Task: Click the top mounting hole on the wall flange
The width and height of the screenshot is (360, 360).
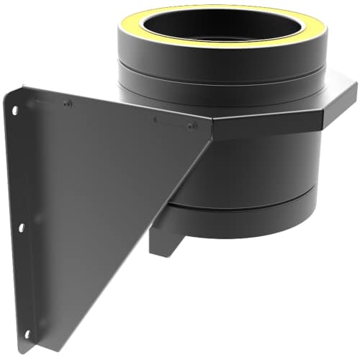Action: pos(14,110)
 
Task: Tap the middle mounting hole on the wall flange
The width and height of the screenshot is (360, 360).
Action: pos(22,228)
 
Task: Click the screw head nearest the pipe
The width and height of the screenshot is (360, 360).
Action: pos(191,126)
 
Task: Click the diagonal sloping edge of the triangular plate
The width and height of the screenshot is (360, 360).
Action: pos(144,238)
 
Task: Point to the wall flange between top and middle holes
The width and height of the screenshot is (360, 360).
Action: pos(18,169)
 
